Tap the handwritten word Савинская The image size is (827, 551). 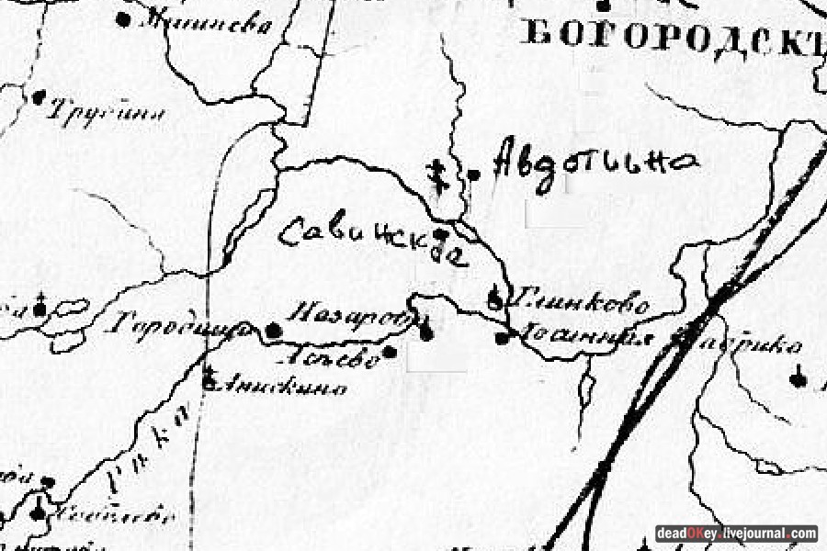click(372, 241)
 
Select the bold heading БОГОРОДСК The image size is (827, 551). click(671, 34)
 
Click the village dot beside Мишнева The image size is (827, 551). click(123, 18)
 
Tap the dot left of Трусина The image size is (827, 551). click(39, 96)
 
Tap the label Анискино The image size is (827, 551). click(280, 387)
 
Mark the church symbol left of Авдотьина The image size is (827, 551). click(439, 174)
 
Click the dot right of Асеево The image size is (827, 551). click(390, 351)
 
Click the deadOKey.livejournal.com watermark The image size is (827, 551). click(736, 534)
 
